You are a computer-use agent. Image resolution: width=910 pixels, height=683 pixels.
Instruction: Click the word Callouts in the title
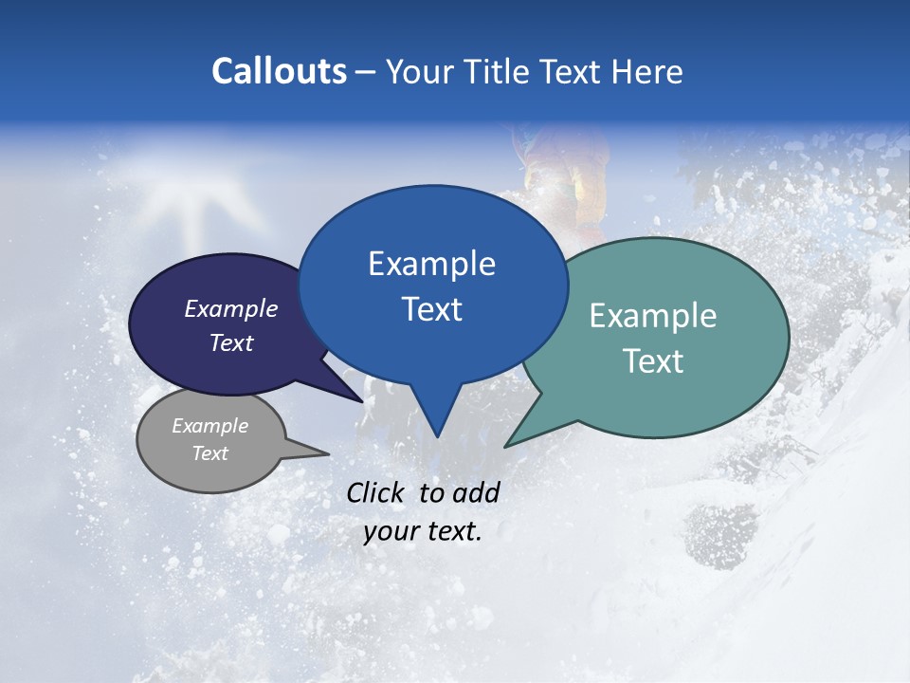(279, 71)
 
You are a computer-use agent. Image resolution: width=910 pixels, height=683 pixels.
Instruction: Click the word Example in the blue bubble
(431, 264)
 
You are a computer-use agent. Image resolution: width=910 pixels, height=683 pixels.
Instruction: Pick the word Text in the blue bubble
(431, 309)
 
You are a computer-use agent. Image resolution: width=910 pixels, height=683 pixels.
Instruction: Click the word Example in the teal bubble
(652, 316)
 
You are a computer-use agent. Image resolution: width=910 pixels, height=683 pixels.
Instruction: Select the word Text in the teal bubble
(653, 361)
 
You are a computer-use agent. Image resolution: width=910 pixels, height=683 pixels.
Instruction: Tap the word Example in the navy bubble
(230, 308)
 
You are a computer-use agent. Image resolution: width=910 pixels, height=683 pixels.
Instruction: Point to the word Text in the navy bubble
(231, 342)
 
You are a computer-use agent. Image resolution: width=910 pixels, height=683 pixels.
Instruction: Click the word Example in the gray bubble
(209, 426)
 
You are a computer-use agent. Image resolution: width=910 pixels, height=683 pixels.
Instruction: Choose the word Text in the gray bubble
(209, 453)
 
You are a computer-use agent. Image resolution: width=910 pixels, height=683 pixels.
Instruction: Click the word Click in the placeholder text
(377, 492)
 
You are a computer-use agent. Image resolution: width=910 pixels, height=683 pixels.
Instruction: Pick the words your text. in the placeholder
(423, 531)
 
